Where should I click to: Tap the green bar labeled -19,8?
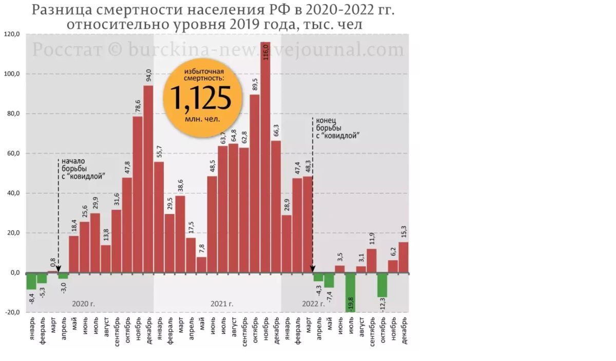click(x=350, y=292)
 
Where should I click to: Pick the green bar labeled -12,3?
click(x=382, y=285)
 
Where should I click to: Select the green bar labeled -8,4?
click(x=31, y=281)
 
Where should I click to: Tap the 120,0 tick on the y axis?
click(x=12, y=34)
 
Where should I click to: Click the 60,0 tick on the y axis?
click(x=12, y=154)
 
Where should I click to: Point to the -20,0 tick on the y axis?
click(x=12, y=312)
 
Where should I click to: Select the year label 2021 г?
click(x=222, y=304)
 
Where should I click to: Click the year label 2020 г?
click(x=83, y=304)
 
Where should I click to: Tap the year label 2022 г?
click(x=313, y=304)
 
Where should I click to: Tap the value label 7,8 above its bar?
click(x=201, y=249)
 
